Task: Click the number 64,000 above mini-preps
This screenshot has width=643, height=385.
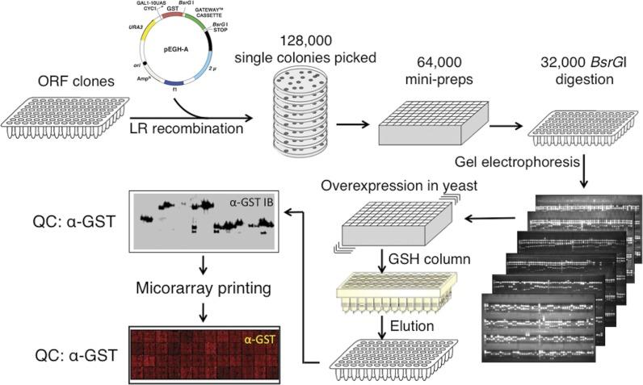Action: pyautogui.click(x=414, y=62)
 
